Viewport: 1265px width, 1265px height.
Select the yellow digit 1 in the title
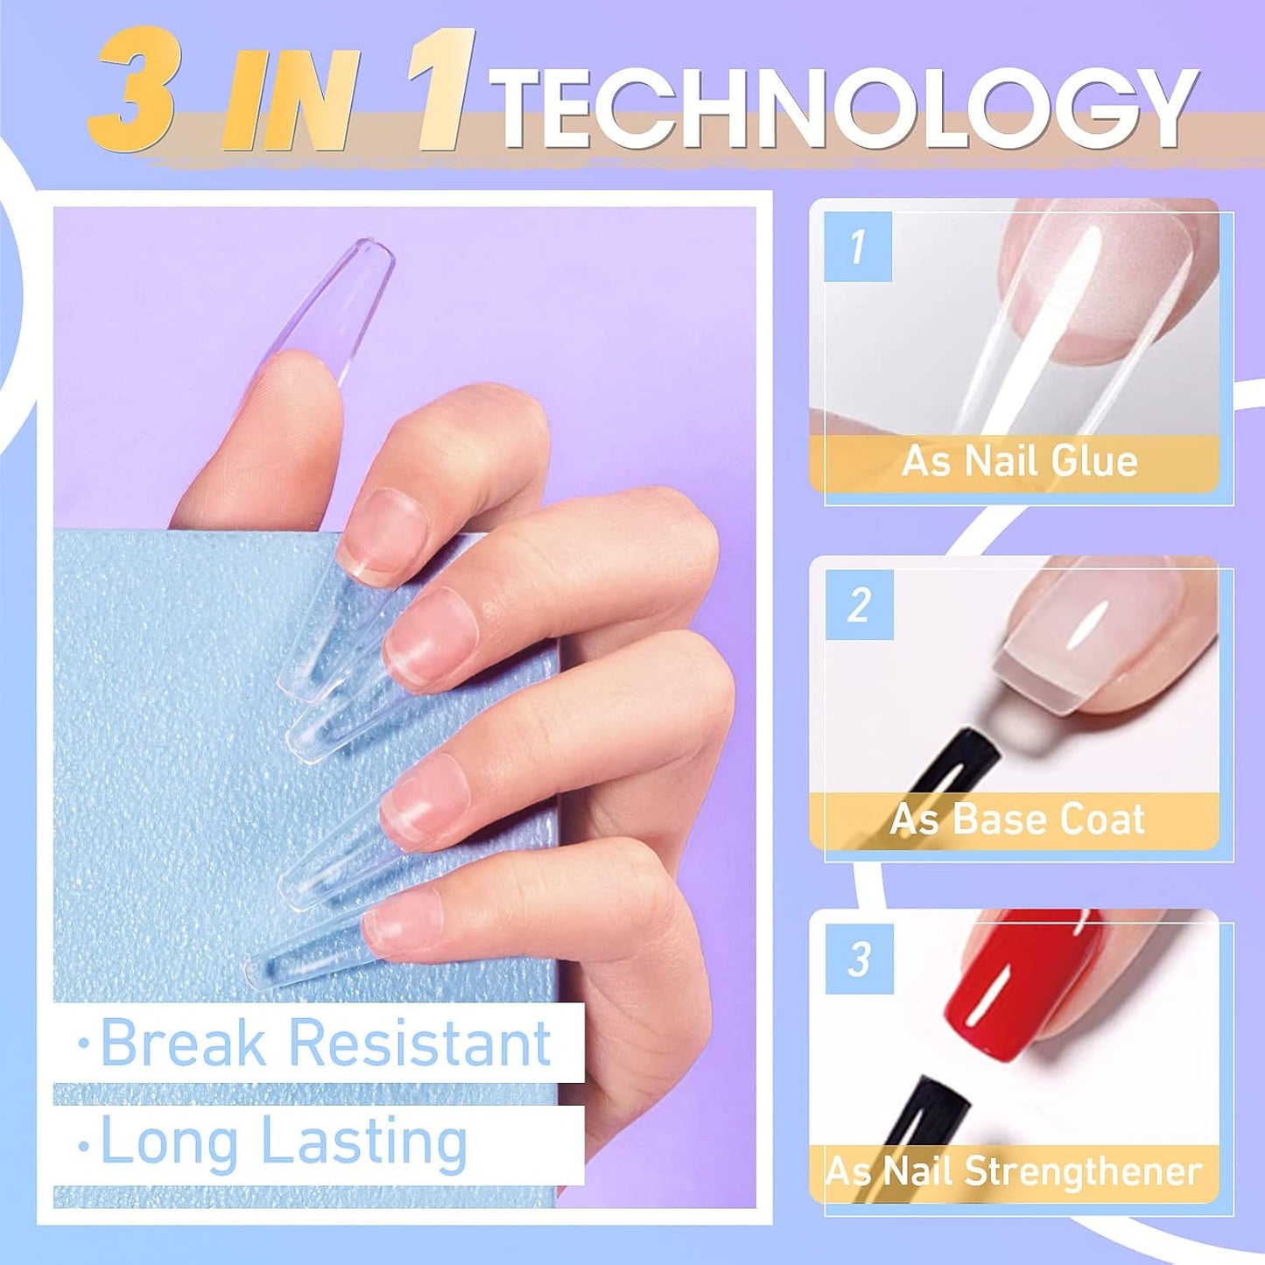click(x=446, y=92)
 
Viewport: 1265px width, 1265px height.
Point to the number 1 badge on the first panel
click(x=858, y=246)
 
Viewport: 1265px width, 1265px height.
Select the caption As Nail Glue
click(x=1019, y=461)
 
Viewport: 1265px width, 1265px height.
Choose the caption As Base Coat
click(x=1017, y=819)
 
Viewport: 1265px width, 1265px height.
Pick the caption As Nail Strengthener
click(x=1013, y=1171)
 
